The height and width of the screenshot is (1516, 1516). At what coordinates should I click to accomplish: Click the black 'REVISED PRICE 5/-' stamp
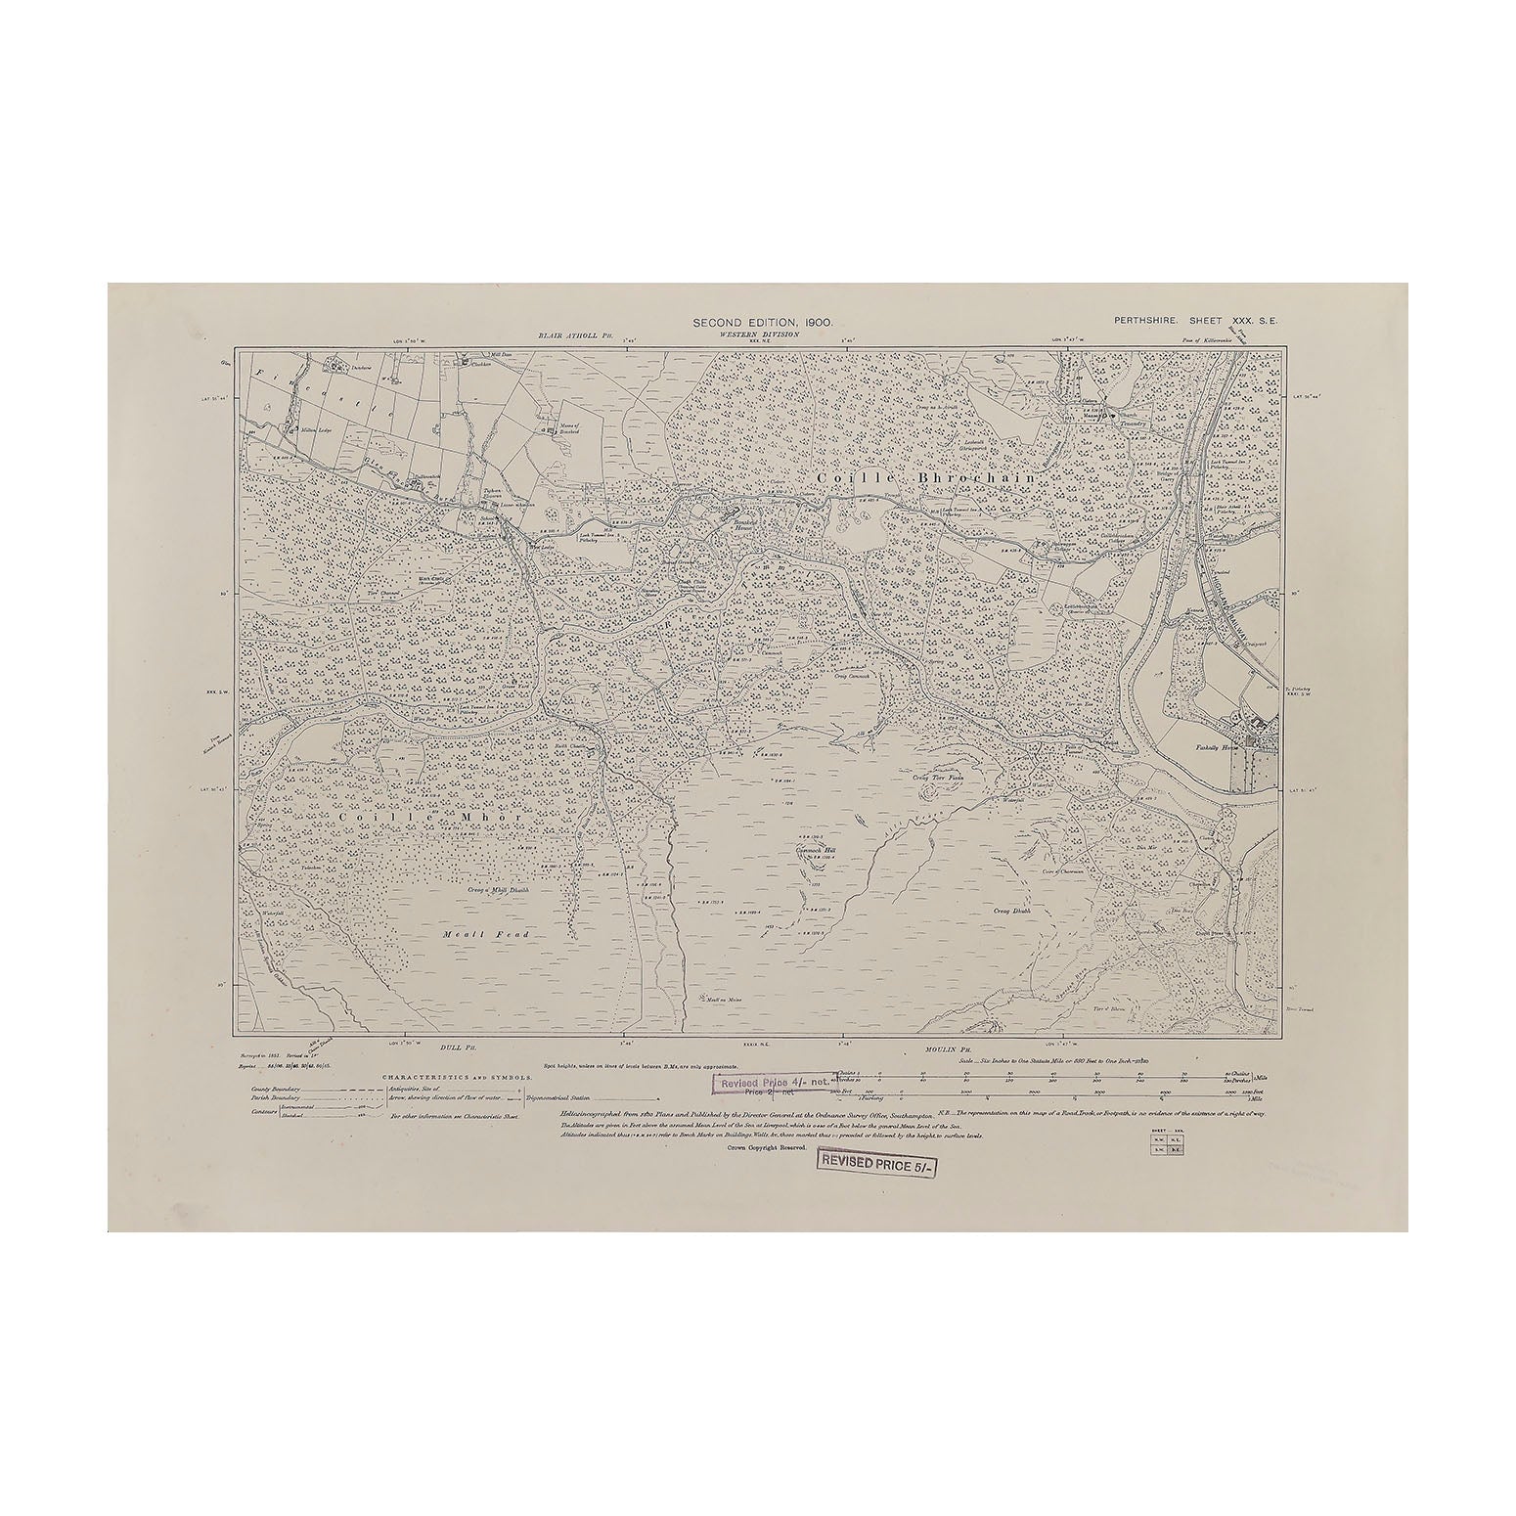pos(874,1165)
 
